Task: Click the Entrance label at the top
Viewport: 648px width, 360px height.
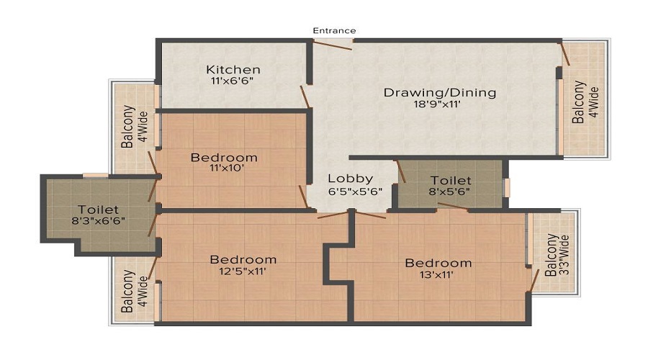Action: pos(334,30)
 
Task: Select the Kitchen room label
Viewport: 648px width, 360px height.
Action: pos(233,70)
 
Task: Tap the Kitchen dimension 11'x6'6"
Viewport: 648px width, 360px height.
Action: pos(233,81)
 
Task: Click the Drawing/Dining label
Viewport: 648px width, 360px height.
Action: pos(440,92)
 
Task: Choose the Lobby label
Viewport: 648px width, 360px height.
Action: pos(350,179)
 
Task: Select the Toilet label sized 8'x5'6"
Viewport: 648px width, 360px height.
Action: pos(451,180)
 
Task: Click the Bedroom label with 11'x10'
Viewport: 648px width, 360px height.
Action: pos(224,158)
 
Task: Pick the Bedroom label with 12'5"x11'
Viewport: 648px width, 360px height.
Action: pos(243,259)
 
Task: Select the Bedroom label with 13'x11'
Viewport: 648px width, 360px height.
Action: pos(438,263)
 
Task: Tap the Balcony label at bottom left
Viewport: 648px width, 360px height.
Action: pos(127,291)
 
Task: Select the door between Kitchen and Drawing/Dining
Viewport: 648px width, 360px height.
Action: pos(305,96)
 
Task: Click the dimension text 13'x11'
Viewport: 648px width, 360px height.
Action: pos(438,274)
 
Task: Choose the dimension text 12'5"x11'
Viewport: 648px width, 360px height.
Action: pos(243,271)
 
